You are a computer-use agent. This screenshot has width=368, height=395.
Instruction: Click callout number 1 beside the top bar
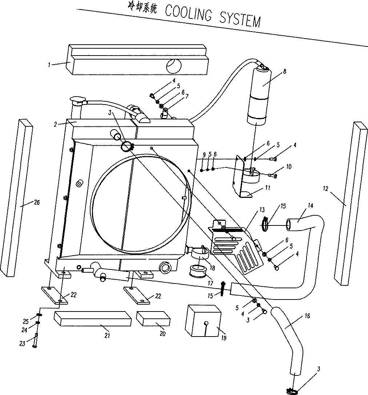point(49,65)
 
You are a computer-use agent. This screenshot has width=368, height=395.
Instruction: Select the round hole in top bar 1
point(173,66)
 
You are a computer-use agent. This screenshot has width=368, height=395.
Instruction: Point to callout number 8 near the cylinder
point(285,71)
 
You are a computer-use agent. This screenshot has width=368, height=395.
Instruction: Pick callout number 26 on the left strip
point(36,203)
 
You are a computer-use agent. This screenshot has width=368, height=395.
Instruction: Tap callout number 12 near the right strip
point(325,188)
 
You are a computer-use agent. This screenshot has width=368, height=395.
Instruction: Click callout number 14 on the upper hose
point(310,205)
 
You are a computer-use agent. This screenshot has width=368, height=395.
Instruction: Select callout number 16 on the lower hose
point(307,317)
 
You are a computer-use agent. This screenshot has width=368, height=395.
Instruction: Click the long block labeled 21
point(92,318)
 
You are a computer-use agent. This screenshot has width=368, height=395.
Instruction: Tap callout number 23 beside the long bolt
point(23,343)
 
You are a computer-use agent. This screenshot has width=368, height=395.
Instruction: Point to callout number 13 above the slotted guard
point(262,210)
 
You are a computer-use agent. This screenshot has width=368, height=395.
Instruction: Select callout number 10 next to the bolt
point(289,167)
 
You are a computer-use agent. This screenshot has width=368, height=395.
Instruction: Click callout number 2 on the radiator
point(55,124)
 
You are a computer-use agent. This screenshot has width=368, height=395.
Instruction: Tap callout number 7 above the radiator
point(187,97)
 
